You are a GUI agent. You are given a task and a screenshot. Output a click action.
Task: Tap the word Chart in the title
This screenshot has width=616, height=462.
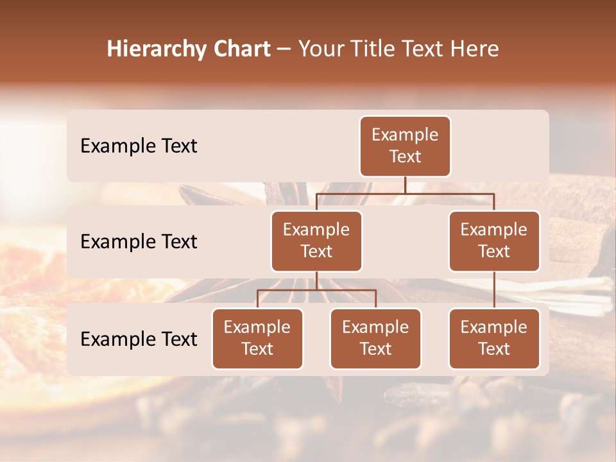[x=239, y=49]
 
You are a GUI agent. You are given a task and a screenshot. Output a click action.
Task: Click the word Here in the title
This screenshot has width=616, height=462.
[x=474, y=49]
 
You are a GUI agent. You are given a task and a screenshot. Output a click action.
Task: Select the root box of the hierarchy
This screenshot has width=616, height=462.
[x=405, y=146]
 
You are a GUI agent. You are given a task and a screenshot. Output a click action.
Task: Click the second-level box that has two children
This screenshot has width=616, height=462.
[x=316, y=241]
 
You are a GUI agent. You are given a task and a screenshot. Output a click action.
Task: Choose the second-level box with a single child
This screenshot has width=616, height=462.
[x=494, y=241]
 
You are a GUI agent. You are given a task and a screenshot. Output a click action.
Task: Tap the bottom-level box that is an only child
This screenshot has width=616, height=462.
[x=494, y=339]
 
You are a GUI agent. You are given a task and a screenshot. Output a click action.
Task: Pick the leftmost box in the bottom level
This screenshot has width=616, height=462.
[x=257, y=339]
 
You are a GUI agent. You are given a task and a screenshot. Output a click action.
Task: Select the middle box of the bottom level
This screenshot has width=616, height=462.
[x=375, y=339]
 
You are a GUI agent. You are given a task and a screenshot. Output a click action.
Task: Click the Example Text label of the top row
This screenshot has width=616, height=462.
[x=139, y=146]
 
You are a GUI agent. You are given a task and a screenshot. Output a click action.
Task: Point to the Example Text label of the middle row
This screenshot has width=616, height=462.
[x=139, y=242]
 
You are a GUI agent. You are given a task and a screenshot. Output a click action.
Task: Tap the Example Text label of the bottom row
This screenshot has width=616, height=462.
[x=139, y=339]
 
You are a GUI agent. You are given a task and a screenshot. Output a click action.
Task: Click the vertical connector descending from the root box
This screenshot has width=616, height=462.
[x=405, y=185]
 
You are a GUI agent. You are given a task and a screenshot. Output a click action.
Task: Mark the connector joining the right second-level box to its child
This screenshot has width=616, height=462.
[x=494, y=290]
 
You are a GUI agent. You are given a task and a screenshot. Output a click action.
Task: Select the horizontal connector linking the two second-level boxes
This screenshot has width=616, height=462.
[x=405, y=193]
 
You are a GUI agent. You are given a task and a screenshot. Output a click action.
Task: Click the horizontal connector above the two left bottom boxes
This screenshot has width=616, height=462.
[x=316, y=290]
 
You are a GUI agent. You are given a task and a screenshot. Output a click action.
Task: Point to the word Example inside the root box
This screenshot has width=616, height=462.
[x=405, y=135]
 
